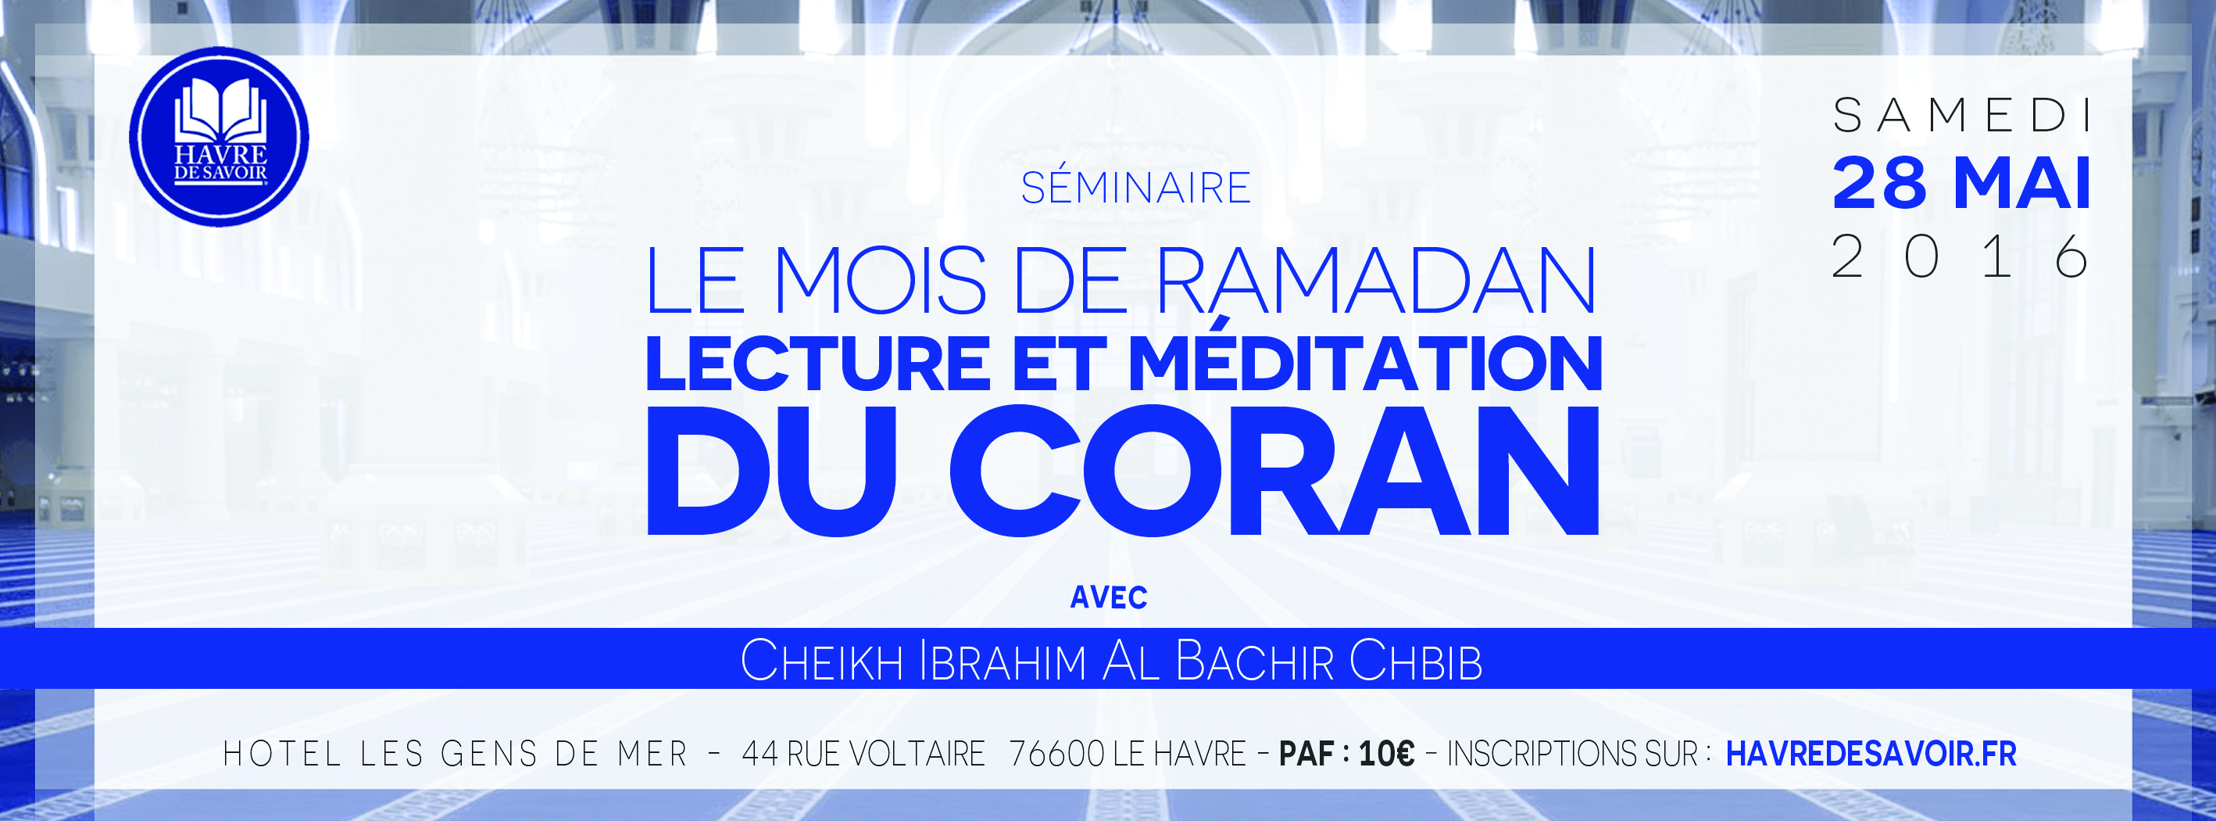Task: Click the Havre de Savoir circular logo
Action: tap(219, 137)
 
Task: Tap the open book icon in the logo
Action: tap(220, 109)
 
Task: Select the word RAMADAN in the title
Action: tap(1375, 281)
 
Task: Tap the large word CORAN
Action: tap(1275, 470)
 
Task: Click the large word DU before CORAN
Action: tap(772, 471)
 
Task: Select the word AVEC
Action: tap(1108, 597)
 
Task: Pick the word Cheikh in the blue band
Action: tap(821, 661)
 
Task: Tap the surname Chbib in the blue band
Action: tap(1416, 661)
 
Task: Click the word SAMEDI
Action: tap(1962, 115)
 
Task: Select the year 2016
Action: tap(1960, 256)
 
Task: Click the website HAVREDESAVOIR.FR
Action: tap(1871, 754)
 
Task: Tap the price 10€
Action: tap(1386, 754)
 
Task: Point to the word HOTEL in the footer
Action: tap(282, 754)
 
